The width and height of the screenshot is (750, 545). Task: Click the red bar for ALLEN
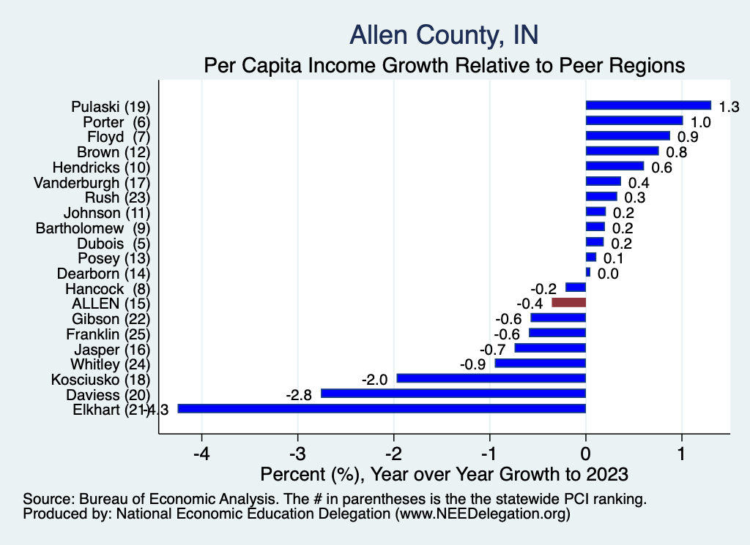568,302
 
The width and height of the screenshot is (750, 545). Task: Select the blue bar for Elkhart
382,409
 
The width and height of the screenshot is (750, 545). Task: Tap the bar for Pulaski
648,105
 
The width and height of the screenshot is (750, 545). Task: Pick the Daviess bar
453,394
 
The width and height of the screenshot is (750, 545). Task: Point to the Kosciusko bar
491,378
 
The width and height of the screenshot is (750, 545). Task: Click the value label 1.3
729,107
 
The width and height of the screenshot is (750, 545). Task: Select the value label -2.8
299,395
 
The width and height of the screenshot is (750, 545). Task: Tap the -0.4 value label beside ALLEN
529,304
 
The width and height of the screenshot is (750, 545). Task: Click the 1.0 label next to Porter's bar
701,122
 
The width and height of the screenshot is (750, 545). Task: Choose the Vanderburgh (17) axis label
92,182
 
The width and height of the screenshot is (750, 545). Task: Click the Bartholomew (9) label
93,228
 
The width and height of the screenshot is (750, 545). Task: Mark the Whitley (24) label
110,364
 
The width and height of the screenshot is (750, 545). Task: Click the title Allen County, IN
444,34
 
